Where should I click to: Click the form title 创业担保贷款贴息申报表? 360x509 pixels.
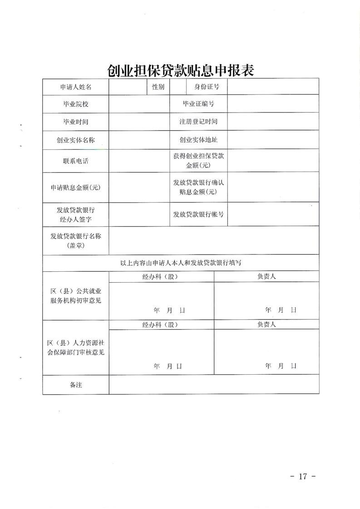point(180,70)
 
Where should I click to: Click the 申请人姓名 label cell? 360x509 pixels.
point(76,87)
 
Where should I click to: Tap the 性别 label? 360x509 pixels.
point(158,87)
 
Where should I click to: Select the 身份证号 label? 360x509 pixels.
point(207,87)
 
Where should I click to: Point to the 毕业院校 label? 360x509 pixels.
point(76,104)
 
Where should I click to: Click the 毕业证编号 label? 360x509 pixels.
point(198,104)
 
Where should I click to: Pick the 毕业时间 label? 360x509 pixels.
point(76,122)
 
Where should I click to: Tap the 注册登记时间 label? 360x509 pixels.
point(198,122)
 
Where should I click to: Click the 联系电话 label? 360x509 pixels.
point(76,161)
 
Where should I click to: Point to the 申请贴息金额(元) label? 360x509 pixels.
point(76,187)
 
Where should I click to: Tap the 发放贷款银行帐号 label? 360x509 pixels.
point(198,214)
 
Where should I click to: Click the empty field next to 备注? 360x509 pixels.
point(213,385)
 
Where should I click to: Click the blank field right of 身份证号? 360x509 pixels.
point(273,87)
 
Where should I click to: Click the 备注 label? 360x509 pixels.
point(76,385)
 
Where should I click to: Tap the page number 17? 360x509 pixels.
point(303,476)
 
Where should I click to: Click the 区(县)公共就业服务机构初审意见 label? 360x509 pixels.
point(76,296)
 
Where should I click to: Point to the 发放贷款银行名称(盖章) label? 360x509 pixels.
point(76,241)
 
